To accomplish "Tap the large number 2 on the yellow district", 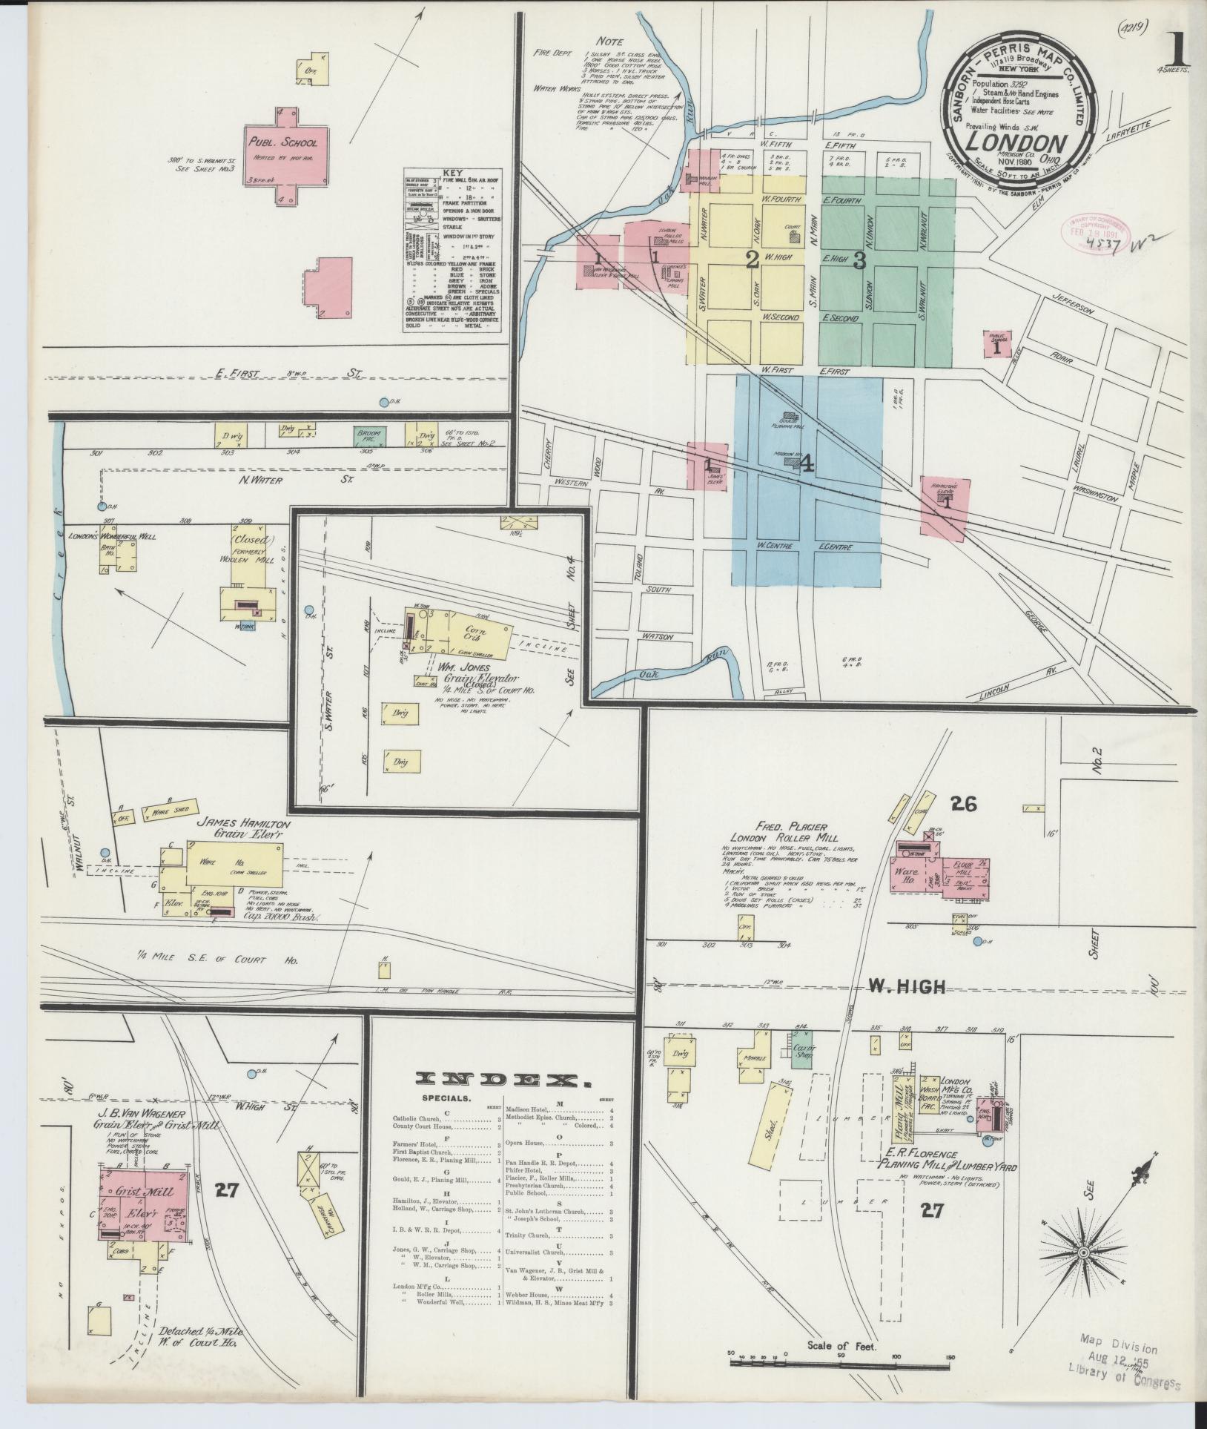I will click(x=752, y=260).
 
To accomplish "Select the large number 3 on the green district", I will click(x=859, y=260).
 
